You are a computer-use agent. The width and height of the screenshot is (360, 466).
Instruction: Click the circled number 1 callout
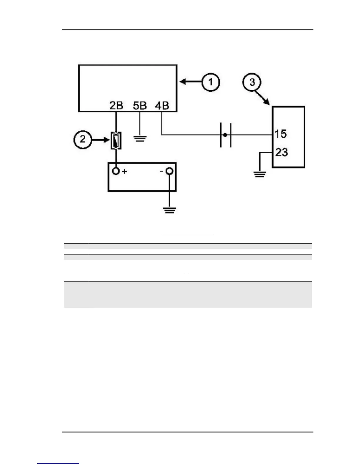[211, 82]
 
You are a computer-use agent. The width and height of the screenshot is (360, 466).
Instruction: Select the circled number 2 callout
[82, 139]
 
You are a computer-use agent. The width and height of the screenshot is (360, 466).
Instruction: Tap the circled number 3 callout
[252, 82]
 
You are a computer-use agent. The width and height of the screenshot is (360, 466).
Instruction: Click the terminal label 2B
[116, 105]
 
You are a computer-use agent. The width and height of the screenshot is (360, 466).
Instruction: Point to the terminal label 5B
[140, 105]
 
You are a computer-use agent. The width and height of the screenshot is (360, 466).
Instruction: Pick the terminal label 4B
[162, 105]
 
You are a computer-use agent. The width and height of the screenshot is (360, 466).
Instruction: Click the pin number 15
[280, 134]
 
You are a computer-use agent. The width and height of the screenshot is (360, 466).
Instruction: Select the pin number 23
[281, 152]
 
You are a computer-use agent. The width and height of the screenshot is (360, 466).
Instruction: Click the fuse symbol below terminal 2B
[116, 140]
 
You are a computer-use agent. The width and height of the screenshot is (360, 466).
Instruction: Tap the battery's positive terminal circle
[116, 171]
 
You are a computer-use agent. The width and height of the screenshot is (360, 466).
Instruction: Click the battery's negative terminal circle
[169, 171]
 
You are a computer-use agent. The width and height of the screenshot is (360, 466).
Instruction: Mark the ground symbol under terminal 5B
[140, 139]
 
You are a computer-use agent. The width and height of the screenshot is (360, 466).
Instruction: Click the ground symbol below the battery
[169, 210]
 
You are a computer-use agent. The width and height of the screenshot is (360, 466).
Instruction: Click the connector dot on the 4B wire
[225, 135]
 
